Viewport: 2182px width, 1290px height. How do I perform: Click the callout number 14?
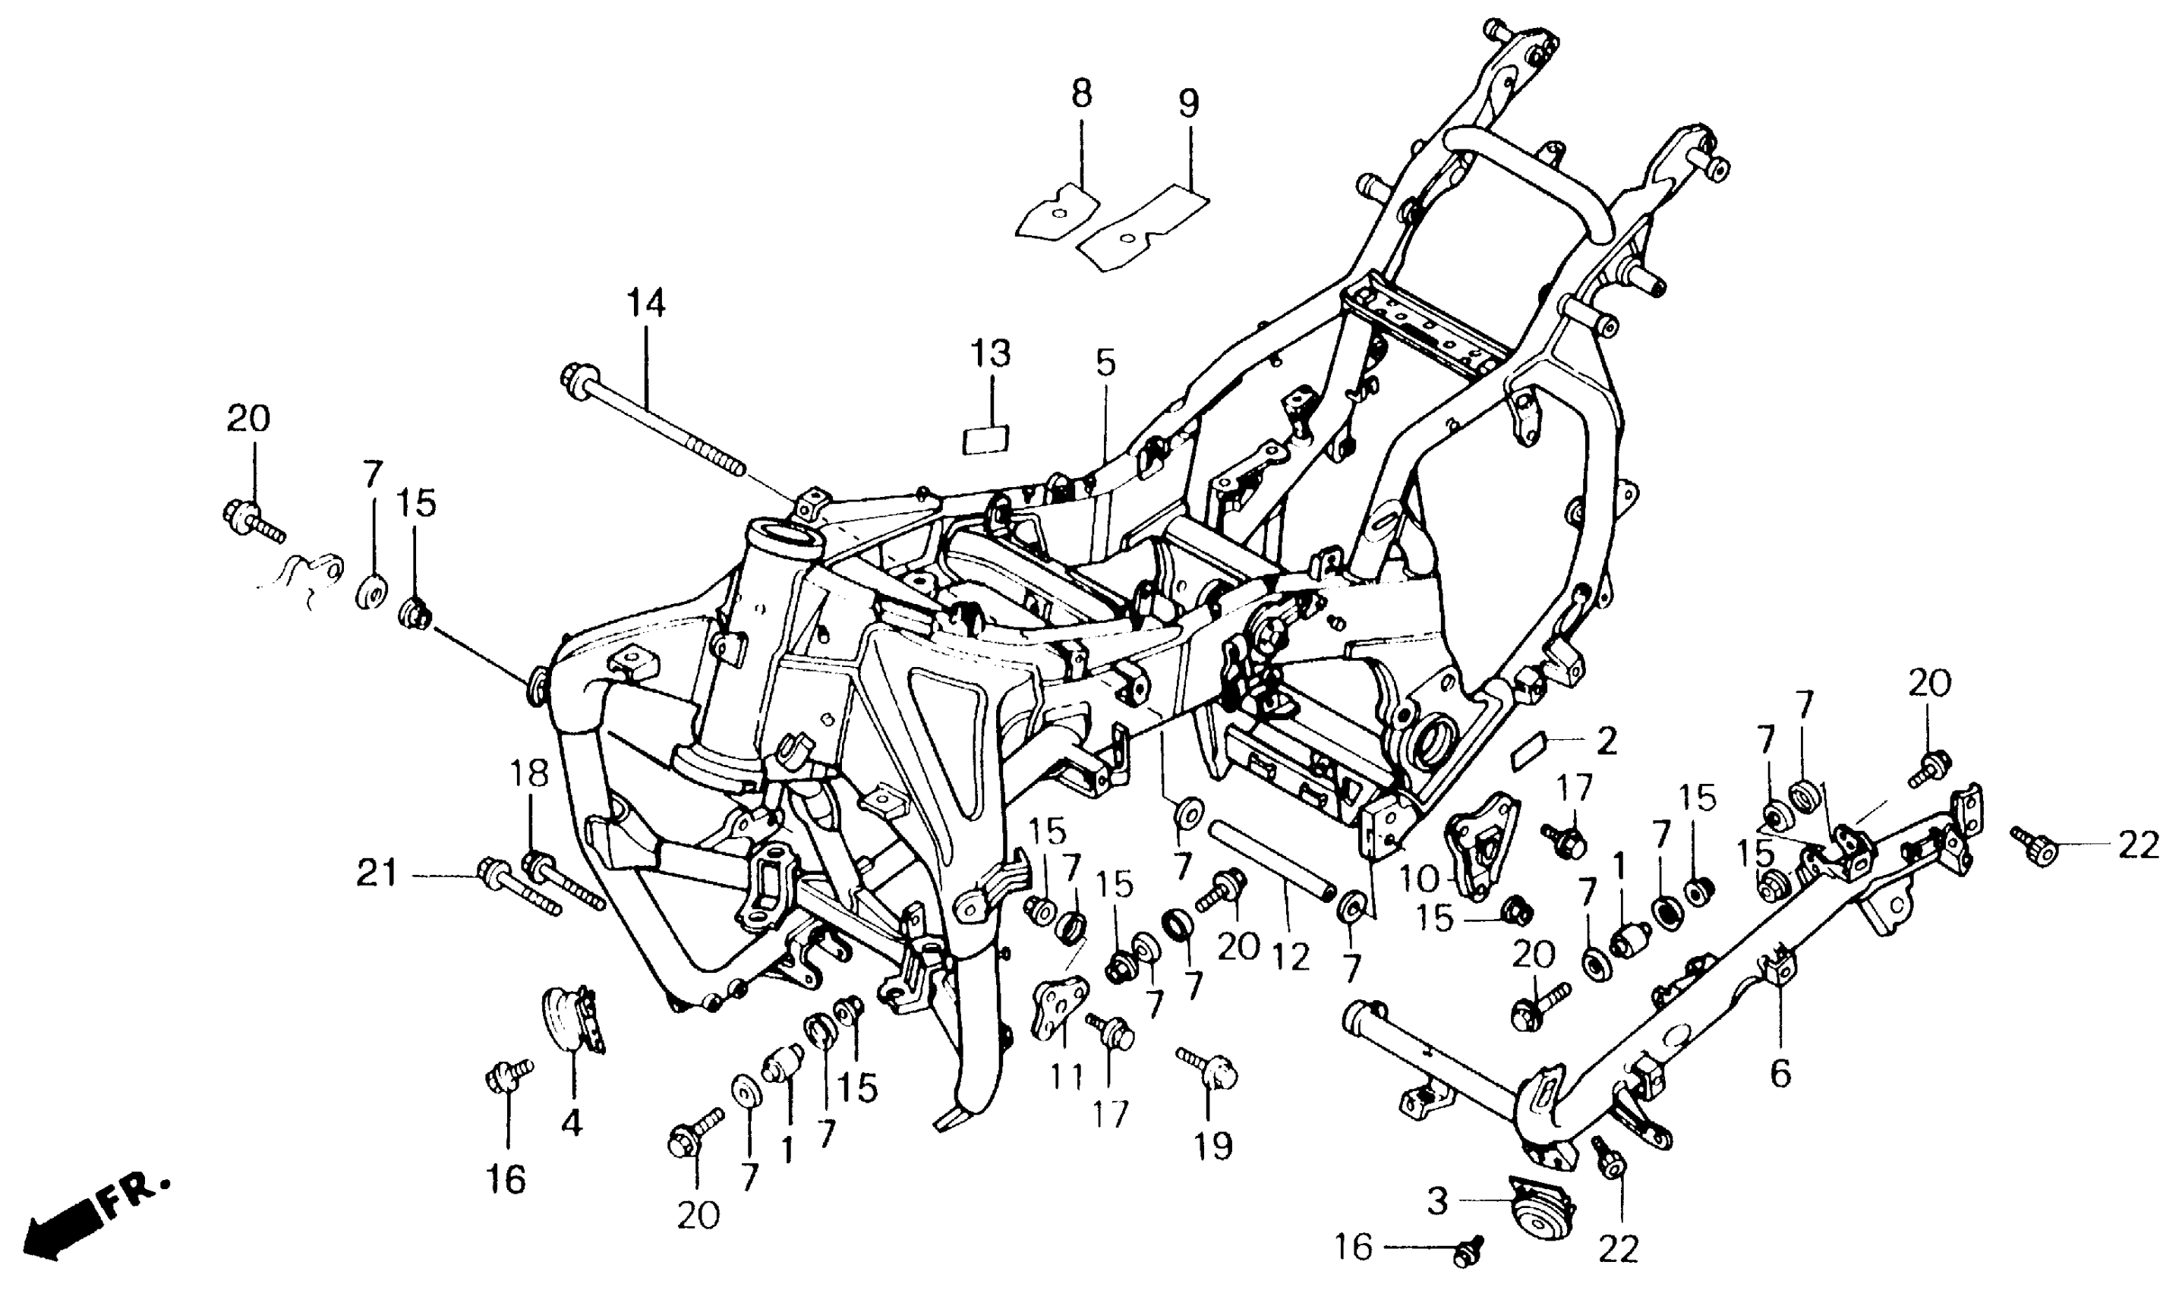tap(646, 304)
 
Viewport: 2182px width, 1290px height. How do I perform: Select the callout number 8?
tap(1081, 94)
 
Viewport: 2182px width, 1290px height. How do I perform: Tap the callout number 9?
tap(1188, 103)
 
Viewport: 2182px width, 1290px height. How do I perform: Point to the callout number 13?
tap(991, 354)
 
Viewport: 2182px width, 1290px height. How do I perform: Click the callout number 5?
tap(1105, 363)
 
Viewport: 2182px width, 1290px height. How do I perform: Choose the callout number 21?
tap(377, 873)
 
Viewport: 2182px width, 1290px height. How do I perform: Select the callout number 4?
tap(572, 1123)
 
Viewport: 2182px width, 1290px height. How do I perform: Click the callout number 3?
tap(1436, 1202)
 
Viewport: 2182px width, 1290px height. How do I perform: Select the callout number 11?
tap(1067, 1078)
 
